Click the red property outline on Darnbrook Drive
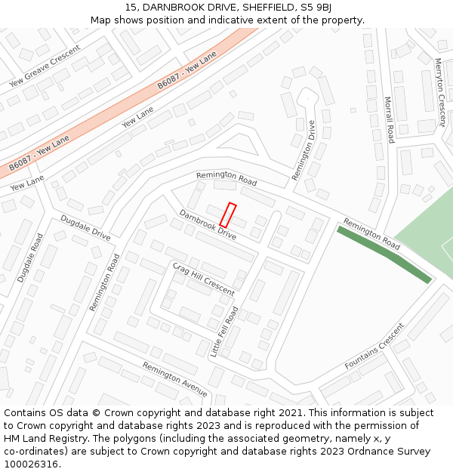(x=228, y=215)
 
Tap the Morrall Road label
(x=389, y=119)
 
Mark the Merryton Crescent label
(x=439, y=92)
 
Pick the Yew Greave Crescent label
(x=44, y=70)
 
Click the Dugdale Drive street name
(x=85, y=228)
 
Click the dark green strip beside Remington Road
(x=384, y=255)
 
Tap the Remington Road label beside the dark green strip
(x=371, y=234)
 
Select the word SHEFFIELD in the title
(x=261, y=7)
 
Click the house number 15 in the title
(x=131, y=7)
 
